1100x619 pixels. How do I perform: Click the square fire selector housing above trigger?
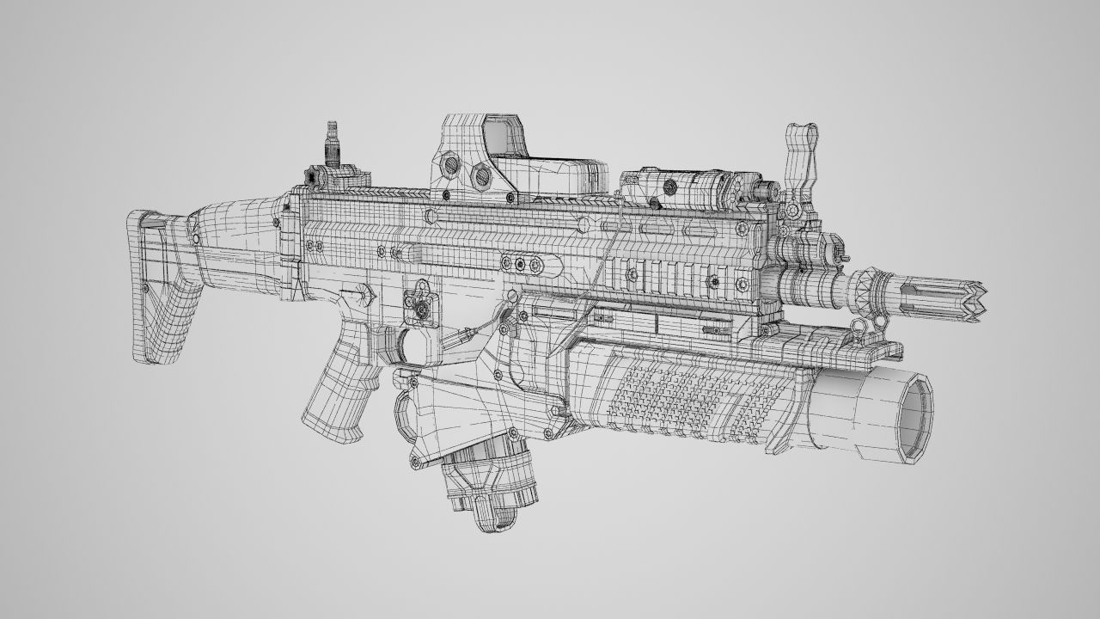(x=423, y=303)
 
